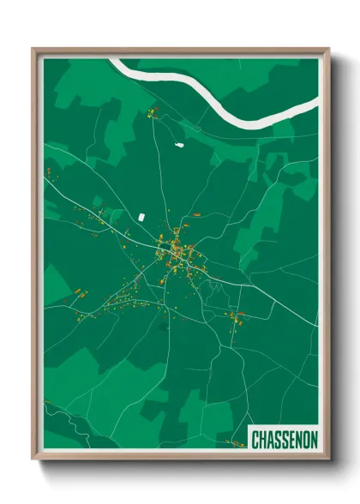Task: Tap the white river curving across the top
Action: point(214,93)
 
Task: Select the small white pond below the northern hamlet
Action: point(180,145)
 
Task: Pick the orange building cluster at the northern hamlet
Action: point(154,112)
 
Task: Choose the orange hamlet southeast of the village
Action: point(234,317)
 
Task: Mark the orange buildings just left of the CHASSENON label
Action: point(234,443)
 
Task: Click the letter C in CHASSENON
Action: point(255,440)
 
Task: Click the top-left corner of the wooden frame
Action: point(33,49)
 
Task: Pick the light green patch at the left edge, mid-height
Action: point(57,283)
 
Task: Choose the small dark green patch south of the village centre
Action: point(163,326)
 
